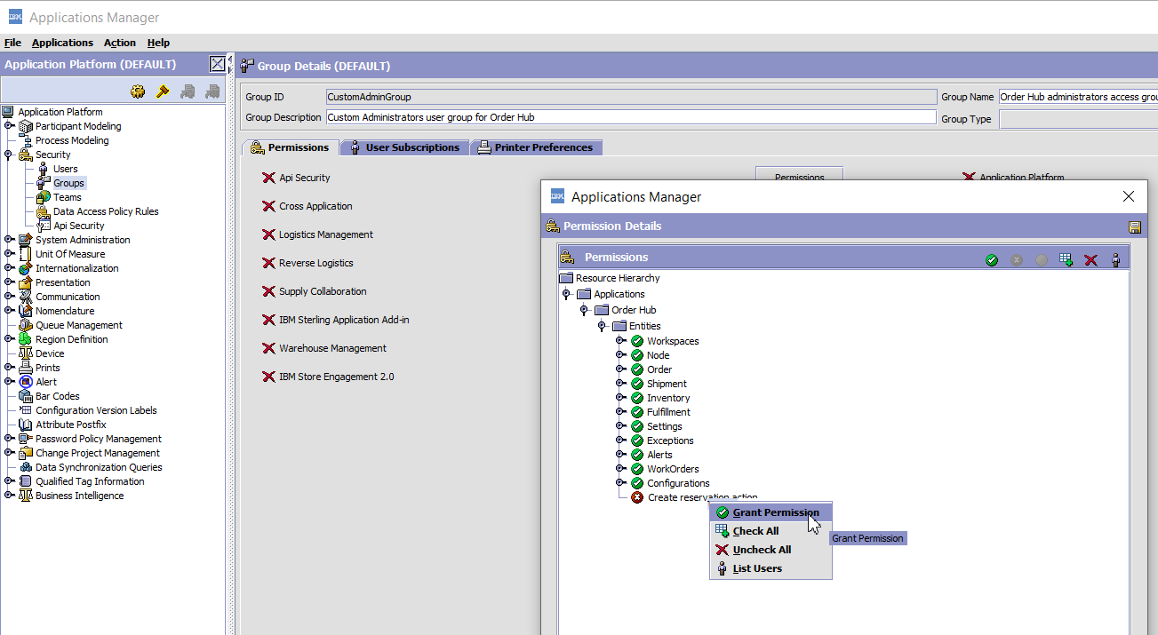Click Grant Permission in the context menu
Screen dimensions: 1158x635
pos(776,512)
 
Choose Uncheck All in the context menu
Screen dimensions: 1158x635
pos(762,550)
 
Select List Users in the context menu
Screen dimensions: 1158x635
pos(757,568)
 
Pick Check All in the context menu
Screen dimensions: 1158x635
pos(755,531)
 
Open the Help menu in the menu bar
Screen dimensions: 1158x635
pos(158,43)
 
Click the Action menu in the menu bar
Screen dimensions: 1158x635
pos(119,43)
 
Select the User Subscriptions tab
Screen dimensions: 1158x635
pos(404,147)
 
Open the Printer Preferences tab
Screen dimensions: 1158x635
pos(536,147)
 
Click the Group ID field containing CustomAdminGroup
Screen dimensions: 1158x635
pos(631,97)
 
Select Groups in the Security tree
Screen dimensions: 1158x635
pos(68,183)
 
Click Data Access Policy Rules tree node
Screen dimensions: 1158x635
pos(106,211)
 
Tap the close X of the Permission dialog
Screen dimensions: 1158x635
pos(1129,196)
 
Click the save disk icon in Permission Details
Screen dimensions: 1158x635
pos(1135,226)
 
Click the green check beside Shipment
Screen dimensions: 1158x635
pos(637,384)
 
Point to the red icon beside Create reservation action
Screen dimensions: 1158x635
pos(637,497)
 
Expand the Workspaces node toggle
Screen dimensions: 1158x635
pos(620,340)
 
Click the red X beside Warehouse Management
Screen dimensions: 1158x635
pos(268,348)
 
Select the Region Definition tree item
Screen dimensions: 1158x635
pos(71,339)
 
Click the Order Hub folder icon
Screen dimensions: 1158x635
pos(602,310)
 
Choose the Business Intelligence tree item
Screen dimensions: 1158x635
pos(80,496)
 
